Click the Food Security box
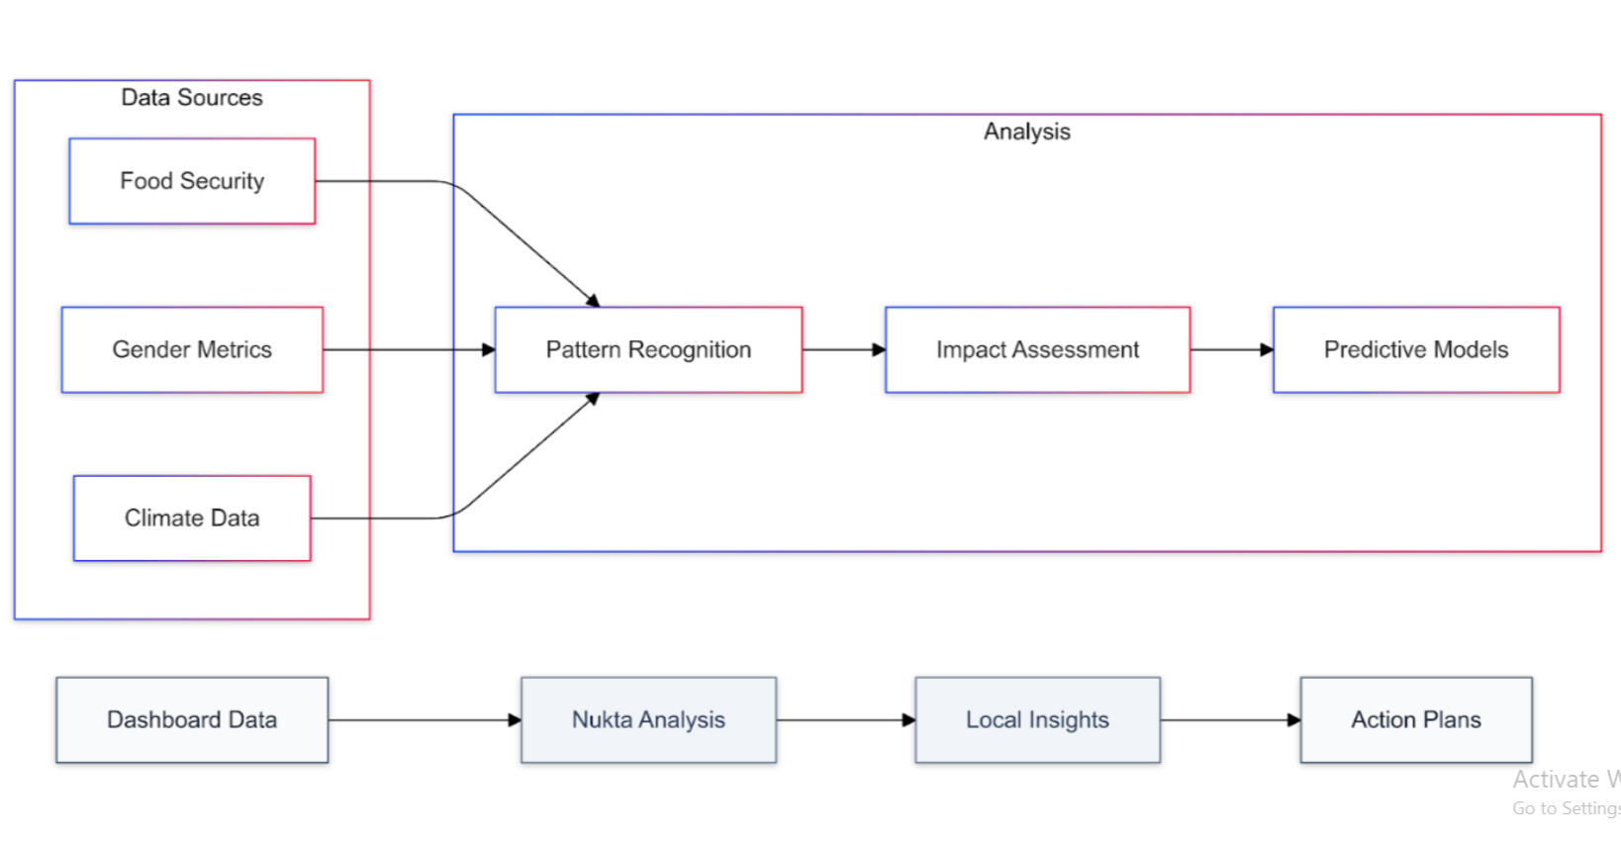click(x=192, y=181)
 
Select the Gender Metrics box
click(x=192, y=349)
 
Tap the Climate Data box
click(x=192, y=517)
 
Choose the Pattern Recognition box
click(x=648, y=349)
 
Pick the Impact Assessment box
click(x=1037, y=349)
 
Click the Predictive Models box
click(x=1415, y=349)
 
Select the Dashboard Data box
click(x=192, y=719)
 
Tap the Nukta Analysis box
click(x=648, y=719)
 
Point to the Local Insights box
click(x=1037, y=719)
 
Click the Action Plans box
click(x=1415, y=719)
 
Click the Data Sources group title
click(x=192, y=97)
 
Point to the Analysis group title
click(x=1026, y=132)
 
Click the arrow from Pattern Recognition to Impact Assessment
click(x=843, y=349)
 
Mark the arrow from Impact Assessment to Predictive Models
click(x=1231, y=349)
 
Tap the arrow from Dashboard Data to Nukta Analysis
click(x=424, y=719)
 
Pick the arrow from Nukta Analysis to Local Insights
click(x=845, y=719)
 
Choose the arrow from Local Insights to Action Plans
click(x=1229, y=719)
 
